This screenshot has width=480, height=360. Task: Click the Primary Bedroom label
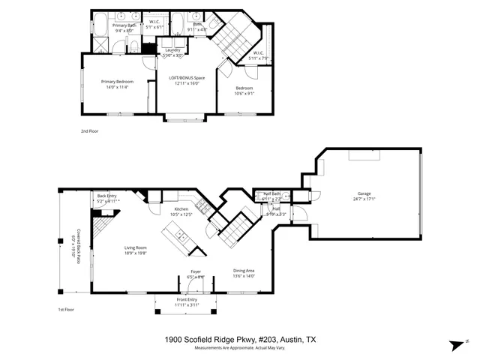[x=118, y=81]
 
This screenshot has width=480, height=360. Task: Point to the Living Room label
[x=136, y=247]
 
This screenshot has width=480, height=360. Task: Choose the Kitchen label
[x=181, y=209]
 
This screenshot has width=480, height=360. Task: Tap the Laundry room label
[x=172, y=50]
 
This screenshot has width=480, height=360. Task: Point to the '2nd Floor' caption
[x=89, y=131]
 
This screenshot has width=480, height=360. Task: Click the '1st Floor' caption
[x=67, y=310]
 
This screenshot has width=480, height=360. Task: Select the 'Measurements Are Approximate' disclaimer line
[x=240, y=349]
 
